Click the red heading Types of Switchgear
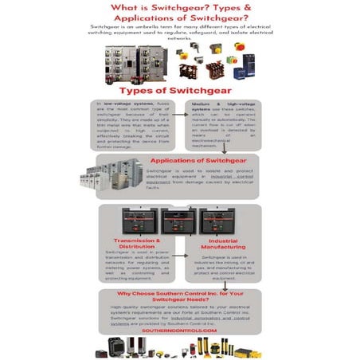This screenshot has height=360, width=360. click(179, 90)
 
